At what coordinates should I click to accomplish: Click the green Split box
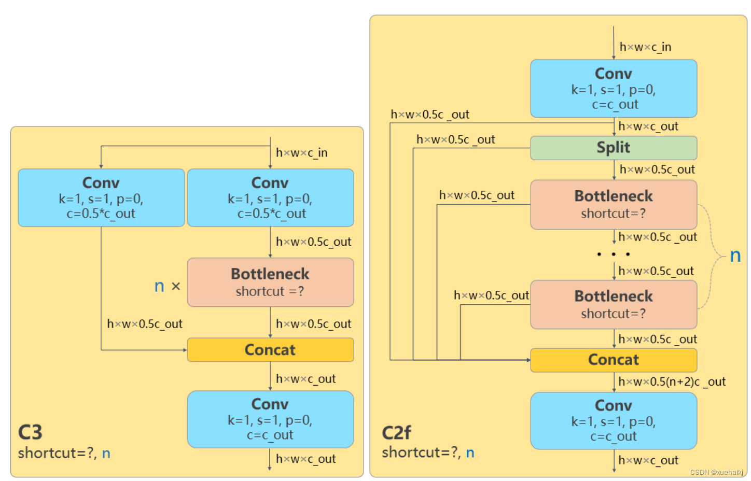pyautogui.click(x=613, y=148)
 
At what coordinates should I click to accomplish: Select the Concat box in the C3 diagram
pyautogui.click(x=270, y=350)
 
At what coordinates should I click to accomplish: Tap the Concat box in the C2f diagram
pyautogui.click(x=614, y=360)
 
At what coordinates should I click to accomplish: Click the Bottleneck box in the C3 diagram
pyautogui.click(x=270, y=282)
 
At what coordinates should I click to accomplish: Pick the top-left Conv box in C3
pyautogui.click(x=101, y=197)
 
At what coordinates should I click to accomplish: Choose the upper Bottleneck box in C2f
pyautogui.click(x=614, y=205)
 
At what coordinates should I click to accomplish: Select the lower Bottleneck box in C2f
pyautogui.click(x=614, y=304)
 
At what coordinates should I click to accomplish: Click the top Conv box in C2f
pyautogui.click(x=614, y=89)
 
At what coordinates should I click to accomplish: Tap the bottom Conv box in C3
pyautogui.click(x=270, y=419)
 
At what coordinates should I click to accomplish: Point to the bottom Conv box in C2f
pyautogui.click(x=614, y=421)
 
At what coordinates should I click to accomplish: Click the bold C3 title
pyautogui.click(x=30, y=432)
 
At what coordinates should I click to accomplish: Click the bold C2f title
pyautogui.click(x=396, y=432)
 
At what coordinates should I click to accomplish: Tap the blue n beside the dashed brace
pyautogui.click(x=735, y=256)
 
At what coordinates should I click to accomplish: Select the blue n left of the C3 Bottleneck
pyautogui.click(x=159, y=287)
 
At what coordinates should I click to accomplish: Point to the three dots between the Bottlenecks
pyautogui.click(x=614, y=254)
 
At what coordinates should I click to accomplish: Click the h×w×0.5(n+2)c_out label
pyautogui.click(x=672, y=381)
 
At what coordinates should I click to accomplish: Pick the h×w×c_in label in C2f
pyautogui.click(x=645, y=47)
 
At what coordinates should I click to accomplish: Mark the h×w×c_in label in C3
pyautogui.click(x=302, y=153)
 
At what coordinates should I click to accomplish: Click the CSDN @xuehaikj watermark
pyautogui.click(x=716, y=472)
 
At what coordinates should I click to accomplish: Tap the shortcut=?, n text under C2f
pyautogui.click(x=428, y=452)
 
